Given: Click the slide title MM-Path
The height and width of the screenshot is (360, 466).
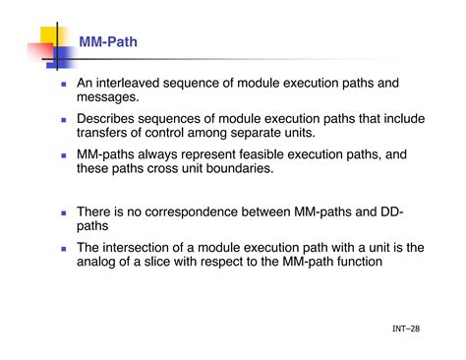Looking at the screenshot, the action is (x=108, y=42).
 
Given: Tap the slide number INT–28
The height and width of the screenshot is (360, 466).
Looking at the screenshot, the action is (x=406, y=329).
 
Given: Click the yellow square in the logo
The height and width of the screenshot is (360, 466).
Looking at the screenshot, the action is (x=49, y=35).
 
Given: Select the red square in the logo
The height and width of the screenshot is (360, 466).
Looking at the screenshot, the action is (x=40, y=52).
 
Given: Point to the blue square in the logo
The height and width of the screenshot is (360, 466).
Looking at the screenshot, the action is (x=62, y=57).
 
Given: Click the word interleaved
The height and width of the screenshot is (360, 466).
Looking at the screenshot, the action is (x=128, y=83).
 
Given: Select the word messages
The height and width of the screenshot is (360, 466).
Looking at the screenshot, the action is (x=108, y=97).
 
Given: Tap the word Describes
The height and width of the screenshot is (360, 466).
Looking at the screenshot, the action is (x=105, y=119).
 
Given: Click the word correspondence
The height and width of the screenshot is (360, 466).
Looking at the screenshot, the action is (x=191, y=211).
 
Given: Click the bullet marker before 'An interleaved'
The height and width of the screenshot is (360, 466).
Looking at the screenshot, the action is (x=64, y=85).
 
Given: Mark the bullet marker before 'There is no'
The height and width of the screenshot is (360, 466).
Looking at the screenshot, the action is (x=64, y=213).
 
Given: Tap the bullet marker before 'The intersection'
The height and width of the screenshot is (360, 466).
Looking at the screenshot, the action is (x=64, y=249).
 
